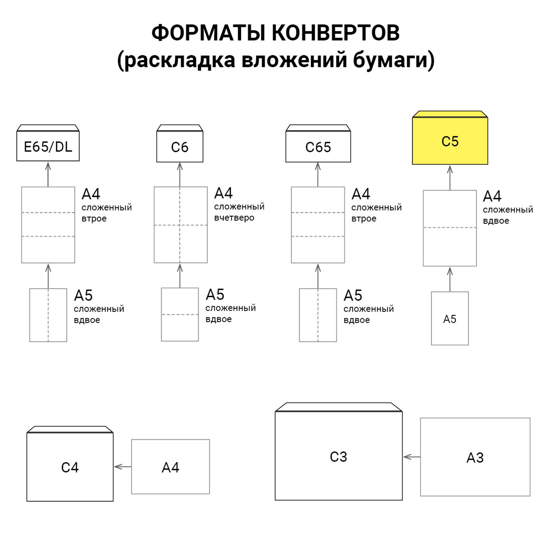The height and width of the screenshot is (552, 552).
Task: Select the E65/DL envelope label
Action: [48, 147]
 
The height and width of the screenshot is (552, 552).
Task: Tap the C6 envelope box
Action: [180, 147]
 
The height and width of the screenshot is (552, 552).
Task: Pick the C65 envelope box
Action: [318, 147]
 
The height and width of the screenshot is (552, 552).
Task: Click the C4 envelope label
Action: [70, 467]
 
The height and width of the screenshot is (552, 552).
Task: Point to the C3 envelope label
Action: [338, 457]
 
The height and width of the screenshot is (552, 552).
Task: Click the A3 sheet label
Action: [475, 457]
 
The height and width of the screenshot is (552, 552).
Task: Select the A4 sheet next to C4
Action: [170, 467]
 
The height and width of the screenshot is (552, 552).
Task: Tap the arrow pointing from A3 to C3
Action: [411, 457]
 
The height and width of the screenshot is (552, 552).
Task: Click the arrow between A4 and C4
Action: [122, 467]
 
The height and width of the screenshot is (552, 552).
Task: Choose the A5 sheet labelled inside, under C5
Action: [450, 319]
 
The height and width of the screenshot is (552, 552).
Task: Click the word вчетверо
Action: [234, 217]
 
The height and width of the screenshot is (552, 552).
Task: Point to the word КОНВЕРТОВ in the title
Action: [336, 33]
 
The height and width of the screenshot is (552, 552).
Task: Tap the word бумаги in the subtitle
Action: [393, 60]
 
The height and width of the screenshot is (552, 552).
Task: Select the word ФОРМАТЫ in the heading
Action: [208, 33]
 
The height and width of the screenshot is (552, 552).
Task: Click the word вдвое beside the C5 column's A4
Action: [496, 221]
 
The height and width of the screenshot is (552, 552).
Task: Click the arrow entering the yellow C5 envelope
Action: [450, 177]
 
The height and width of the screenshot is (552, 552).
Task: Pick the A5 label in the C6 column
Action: [215, 295]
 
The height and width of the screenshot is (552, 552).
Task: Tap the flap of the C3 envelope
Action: [339, 407]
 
